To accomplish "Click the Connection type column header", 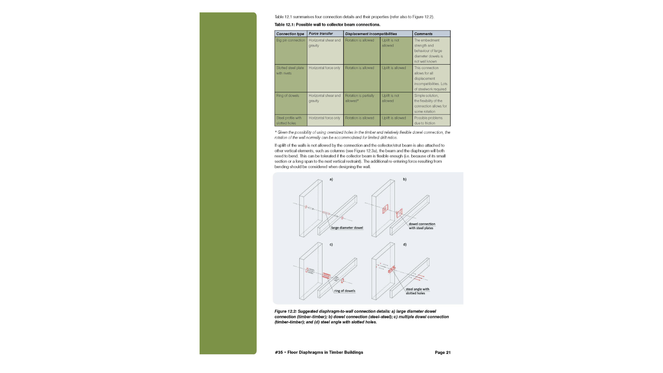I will click(290, 34).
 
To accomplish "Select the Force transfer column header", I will click(321, 34).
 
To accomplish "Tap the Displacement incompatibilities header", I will click(371, 34).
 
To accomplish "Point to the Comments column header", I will click(423, 34).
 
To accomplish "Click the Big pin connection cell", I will click(290, 40).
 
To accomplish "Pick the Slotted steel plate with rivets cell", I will click(290, 70).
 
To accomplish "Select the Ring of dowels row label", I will click(288, 96).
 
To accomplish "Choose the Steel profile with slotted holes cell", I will click(289, 121).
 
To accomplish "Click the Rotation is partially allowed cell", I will click(359, 98).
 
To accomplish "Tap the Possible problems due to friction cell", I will click(428, 121).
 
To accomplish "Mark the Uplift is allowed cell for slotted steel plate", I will click(394, 68).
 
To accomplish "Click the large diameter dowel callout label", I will click(347, 228).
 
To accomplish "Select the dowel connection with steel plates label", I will click(422, 226).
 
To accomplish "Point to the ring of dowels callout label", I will click(345, 291).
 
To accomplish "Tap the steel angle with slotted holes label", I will click(417, 291).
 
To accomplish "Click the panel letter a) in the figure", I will click(331, 179).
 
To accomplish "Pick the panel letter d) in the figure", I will click(405, 245).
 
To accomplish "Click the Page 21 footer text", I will click(442, 353).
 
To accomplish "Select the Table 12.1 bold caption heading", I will click(327, 25).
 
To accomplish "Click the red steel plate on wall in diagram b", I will click(385, 209).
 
